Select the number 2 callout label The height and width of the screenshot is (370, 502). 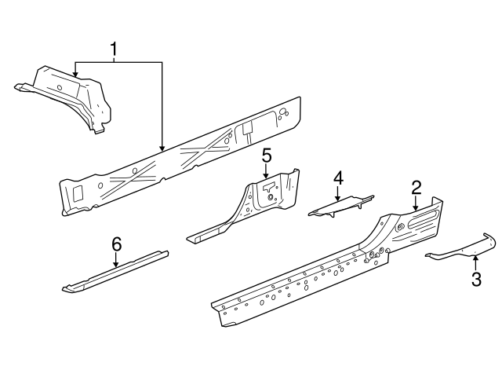[417, 187]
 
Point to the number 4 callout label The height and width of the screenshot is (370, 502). [338, 178]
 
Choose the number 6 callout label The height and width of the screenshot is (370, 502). [116, 245]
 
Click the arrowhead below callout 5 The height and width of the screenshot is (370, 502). [266, 177]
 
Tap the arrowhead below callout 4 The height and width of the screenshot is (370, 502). [338, 198]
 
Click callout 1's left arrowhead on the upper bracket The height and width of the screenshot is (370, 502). [75, 75]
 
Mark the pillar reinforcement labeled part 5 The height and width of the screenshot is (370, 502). [259, 204]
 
